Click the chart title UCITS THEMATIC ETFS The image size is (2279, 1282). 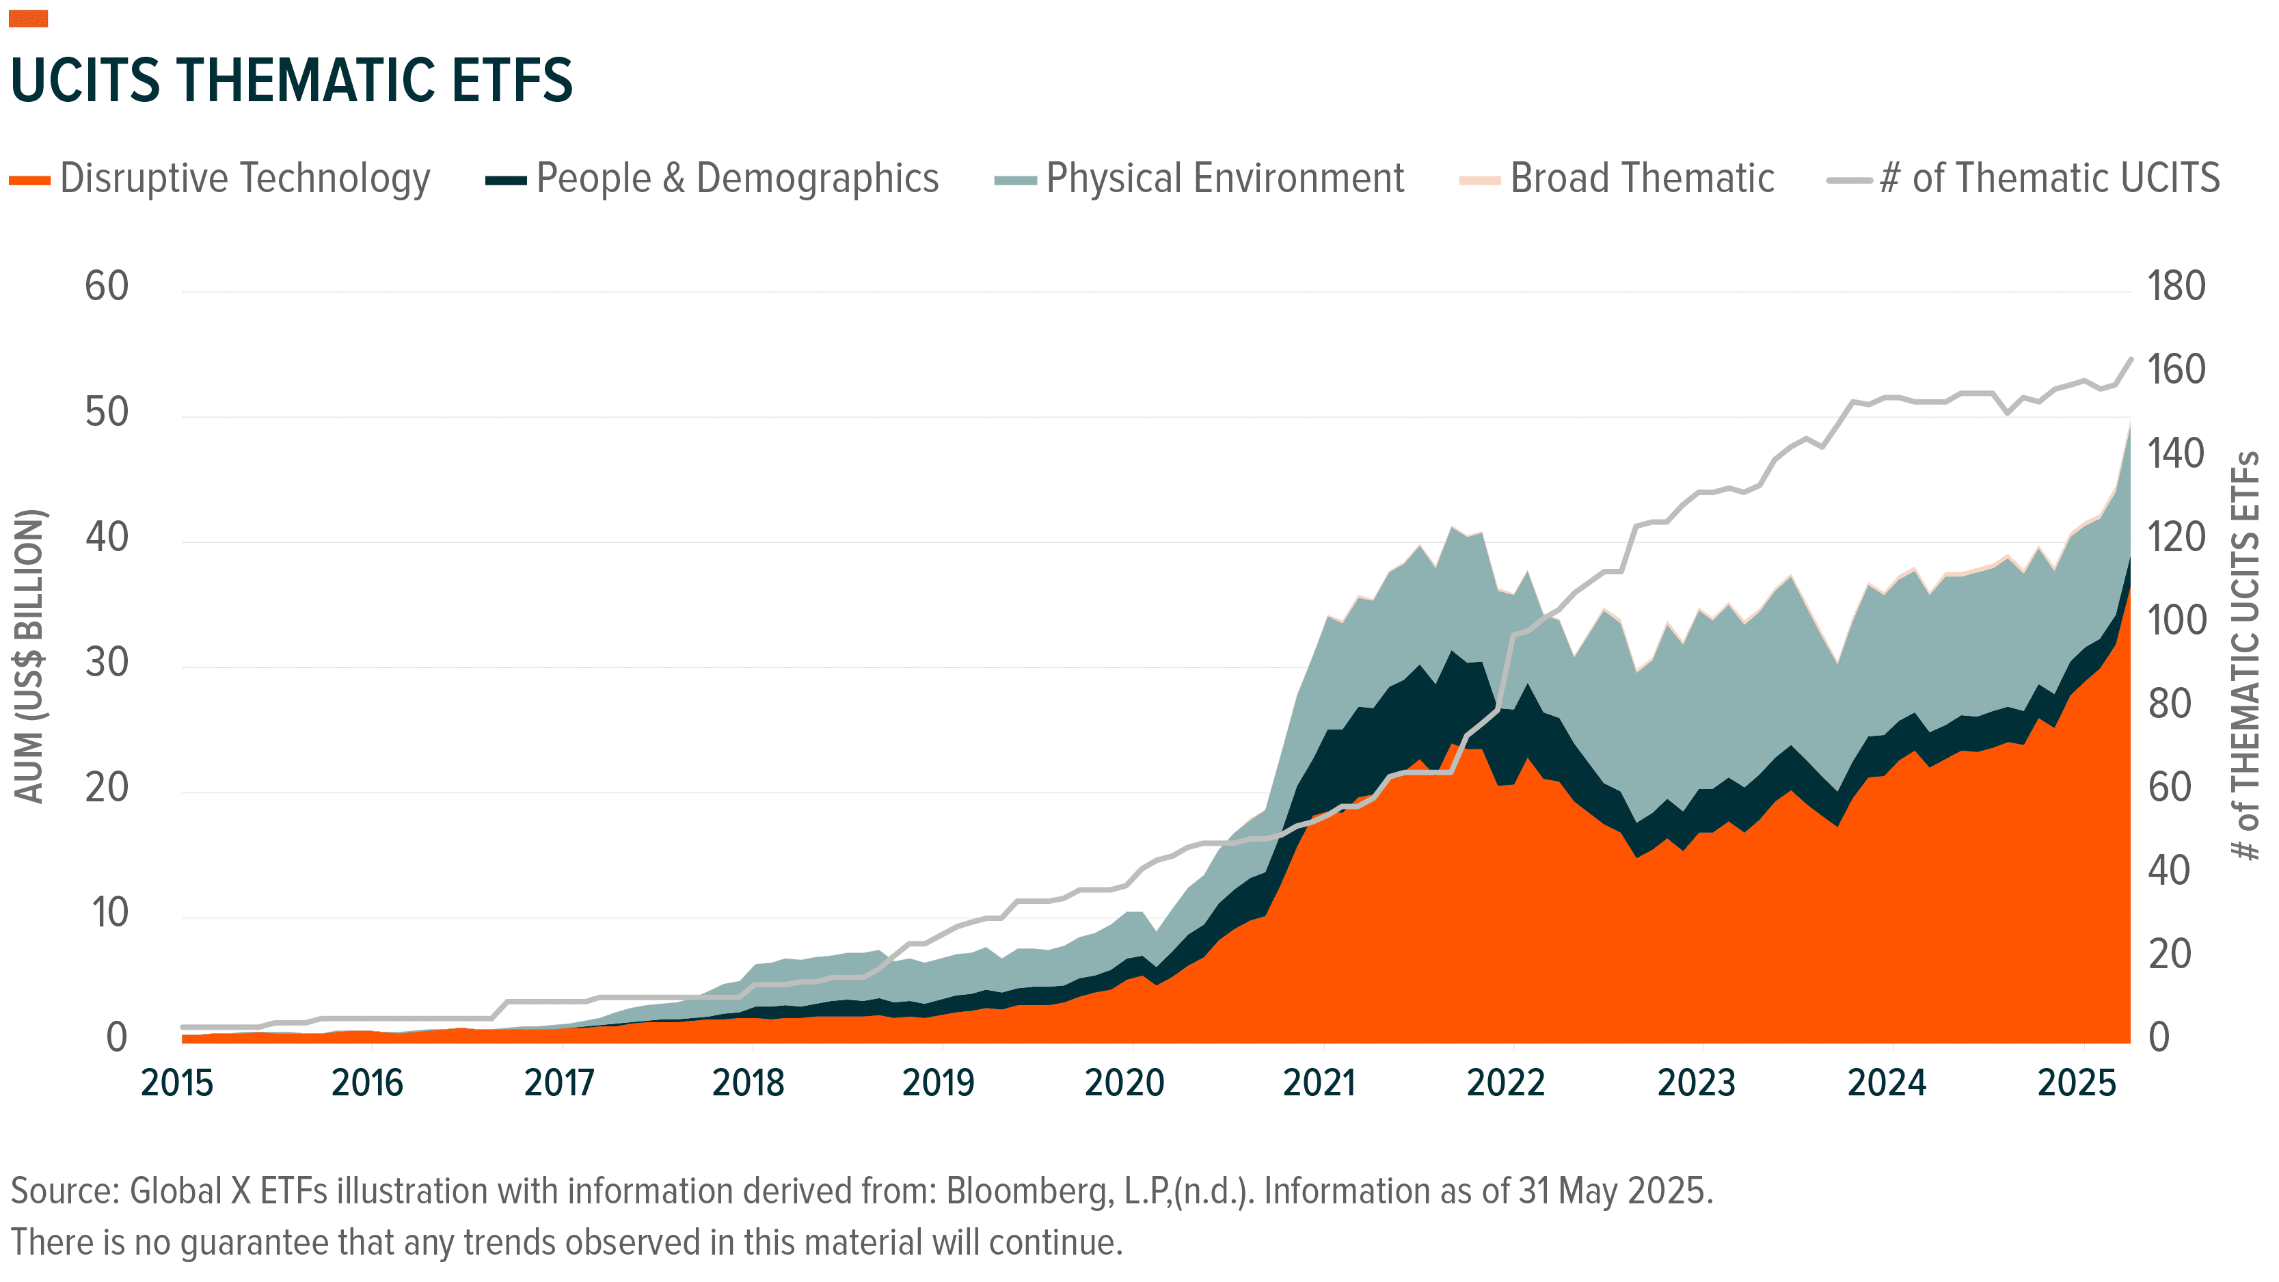click(x=292, y=81)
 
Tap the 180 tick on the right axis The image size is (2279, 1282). click(x=2176, y=286)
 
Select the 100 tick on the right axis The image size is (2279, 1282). click(x=2176, y=621)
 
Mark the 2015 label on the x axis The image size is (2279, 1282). click(x=177, y=1083)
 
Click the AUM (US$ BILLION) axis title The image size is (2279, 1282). click(x=29, y=656)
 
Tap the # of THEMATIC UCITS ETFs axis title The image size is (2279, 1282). click(x=2246, y=656)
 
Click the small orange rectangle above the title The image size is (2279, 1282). click(x=28, y=18)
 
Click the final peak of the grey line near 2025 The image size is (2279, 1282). click(x=2131, y=359)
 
